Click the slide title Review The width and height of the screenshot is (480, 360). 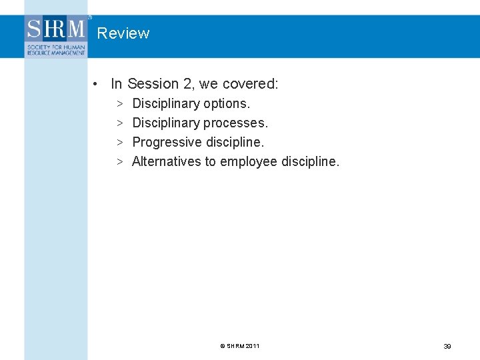pos(123,33)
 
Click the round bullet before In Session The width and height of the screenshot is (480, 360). pos(97,84)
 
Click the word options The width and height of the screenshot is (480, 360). pos(227,104)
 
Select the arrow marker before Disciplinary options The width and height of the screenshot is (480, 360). pos(119,104)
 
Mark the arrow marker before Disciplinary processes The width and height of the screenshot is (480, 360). pos(119,123)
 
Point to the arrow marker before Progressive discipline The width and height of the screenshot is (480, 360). pos(119,143)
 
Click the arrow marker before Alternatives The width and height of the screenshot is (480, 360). pos(119,162)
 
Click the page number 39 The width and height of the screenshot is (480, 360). pos(447,346)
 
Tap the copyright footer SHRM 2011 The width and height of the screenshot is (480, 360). pos(239,346)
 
